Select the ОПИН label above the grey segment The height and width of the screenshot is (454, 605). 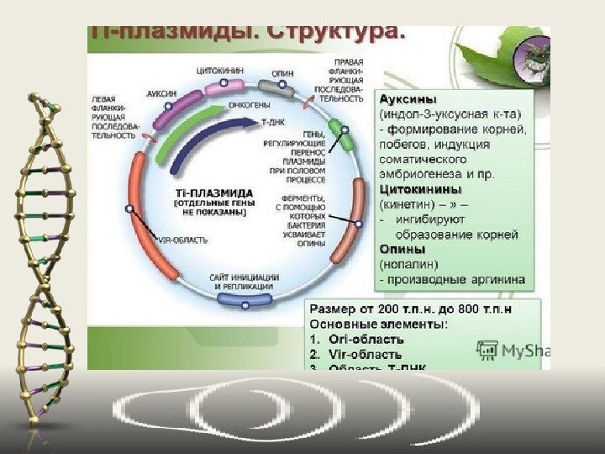pyautogui.click(x=283, y=73)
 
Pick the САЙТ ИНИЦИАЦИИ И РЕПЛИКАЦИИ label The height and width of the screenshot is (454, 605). pyautogui.click(x=244, y=282)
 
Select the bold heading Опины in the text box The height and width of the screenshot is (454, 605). pyautogui.click(x=403, y=250)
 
